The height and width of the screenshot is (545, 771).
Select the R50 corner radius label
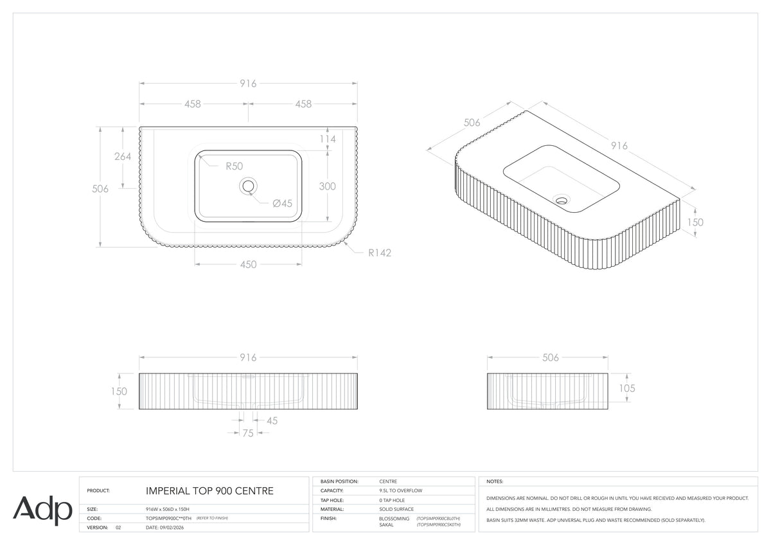(x=234, y=166)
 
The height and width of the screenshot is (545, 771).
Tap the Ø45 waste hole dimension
(x=282, y=204)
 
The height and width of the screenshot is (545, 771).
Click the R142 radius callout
(x=380, y=253)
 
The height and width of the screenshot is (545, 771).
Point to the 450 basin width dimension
(x=248, y=264)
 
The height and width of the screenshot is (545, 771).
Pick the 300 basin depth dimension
(x=327, y=186)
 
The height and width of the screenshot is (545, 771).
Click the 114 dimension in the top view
(x=327, y=139)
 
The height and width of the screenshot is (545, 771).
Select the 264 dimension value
(x=123, y=157)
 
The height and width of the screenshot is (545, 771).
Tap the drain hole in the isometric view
(x=562, y=199)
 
